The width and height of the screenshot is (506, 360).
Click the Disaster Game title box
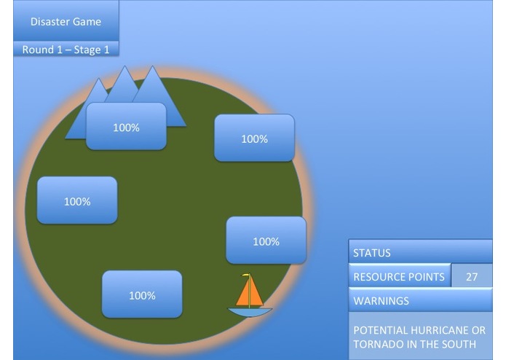(x=66, y=21)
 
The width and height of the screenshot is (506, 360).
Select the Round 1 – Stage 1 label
(x=66, y=50)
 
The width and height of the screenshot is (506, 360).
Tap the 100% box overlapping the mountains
(x=126, y=128)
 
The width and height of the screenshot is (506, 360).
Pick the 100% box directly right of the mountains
(x=254, y=138)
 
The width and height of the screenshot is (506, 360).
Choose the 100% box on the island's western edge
(x=76, y=201)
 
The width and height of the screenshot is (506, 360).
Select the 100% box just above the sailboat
(x=266, y=241)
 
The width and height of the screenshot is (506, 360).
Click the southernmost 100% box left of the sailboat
(x=142, y=295)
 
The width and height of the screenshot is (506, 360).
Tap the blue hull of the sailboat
(x=250, y=312)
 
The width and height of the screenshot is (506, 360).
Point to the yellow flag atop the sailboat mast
(x=246, y=275)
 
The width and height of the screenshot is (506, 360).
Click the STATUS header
(x=420, y=253)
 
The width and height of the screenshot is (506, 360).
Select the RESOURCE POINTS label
(x=399, y=277)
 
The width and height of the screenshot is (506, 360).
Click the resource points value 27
(x=472, y=277)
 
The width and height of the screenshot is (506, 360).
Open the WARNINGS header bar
(x=420, y=300)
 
